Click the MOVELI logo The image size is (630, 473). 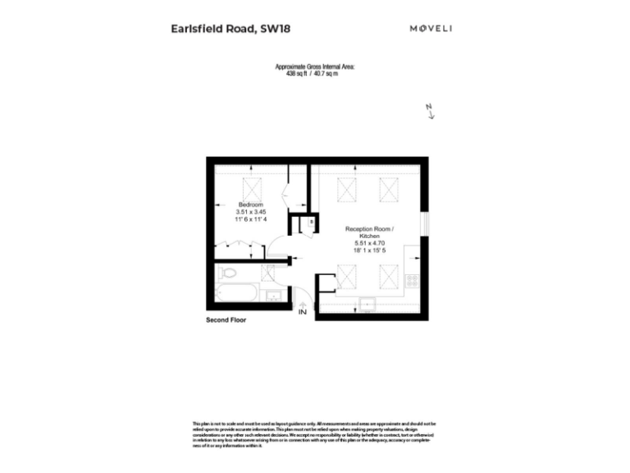point(431,29)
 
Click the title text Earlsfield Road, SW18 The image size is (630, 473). point(231,29)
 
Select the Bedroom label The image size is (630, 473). point(250,204)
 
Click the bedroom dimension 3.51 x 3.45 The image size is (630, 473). point(250,212)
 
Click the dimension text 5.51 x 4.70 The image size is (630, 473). point(369,243)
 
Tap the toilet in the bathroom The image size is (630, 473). point(228,272)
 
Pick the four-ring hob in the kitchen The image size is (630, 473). point(412,280)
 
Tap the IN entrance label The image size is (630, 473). point(303,313)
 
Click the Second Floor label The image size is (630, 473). point(226,319)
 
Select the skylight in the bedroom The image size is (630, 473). point(251,185)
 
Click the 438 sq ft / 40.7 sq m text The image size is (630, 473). point(315,72)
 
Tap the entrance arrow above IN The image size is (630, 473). point(303,303)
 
